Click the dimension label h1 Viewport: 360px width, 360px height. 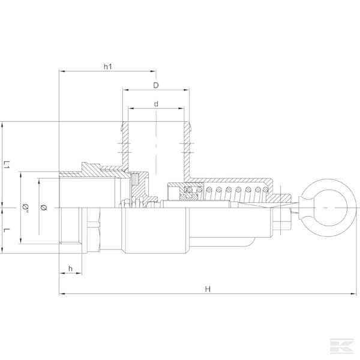click(x=107, y=67)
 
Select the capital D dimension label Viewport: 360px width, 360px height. click(x=156, y=85)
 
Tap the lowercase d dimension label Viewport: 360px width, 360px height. click(x=156, y=104)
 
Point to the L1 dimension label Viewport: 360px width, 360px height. click(x=7, y=164)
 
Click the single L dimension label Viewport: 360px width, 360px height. click(x=7, y=230)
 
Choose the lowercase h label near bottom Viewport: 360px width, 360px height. click(x=70, y=268)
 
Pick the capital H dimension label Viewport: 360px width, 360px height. click(x=208, y=289)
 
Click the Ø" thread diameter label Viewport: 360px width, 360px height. click(x=25, y=207)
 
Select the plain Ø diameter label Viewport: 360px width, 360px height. click(x=44, y=208)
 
